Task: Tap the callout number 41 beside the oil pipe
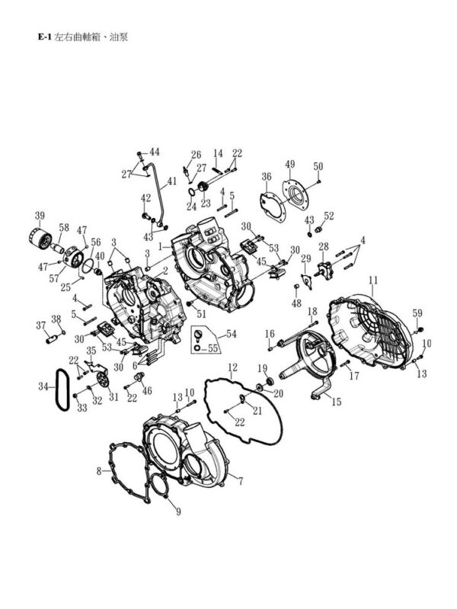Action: (x=171, y=181)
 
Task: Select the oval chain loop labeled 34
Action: (x=62, y=389)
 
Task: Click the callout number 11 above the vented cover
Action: (x=372, y=280)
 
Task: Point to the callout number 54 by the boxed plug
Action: (x=232, y=334)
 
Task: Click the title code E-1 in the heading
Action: (x=44, y=37)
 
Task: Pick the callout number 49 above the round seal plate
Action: (x=290, y=165)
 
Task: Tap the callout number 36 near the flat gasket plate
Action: (x=267, y=177)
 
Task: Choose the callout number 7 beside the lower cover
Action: (x=241, y=482)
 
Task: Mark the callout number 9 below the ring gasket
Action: (x=178, y=512)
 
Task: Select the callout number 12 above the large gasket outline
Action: (x=232, y=367)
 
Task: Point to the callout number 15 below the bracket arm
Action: (x=336, y=402)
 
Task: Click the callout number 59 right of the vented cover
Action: (x=417, y=313)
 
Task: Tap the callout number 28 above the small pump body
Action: (x=324, y=247)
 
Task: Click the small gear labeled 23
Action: (x=203, y=188)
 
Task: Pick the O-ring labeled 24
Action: (x=191, y=192)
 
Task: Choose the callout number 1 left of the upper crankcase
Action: (x=161, y=246)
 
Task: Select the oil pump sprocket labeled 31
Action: (x=102, y=379)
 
